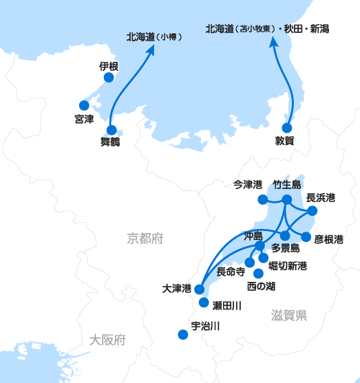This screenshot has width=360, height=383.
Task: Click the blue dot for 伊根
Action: pos(109,78)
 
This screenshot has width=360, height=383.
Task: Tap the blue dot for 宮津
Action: pos(84,105)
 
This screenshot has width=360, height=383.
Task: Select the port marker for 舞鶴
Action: pos(112,130)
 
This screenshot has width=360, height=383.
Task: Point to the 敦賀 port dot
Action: pos(287,128)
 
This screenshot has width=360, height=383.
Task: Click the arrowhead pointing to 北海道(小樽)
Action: pos(150,50)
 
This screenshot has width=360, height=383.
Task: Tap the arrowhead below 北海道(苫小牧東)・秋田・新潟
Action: pos(274,42)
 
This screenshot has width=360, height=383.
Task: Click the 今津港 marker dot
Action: pos(263,199)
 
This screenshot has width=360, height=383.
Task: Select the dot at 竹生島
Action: pos(287,199)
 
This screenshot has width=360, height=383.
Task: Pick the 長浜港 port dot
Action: pos(312,211)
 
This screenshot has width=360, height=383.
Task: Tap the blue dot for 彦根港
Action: pos(306,237)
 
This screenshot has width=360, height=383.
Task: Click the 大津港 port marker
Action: pos(200,289)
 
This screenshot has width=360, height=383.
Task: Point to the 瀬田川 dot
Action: pos(204,303)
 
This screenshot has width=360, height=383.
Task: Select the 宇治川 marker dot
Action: pos(183,334)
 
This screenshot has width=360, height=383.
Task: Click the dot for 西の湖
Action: pos(259,274)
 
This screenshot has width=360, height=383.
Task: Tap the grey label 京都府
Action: pos(145,239)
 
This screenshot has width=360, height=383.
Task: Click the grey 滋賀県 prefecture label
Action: pos(289,316)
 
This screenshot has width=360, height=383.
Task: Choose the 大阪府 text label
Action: pos(107,340)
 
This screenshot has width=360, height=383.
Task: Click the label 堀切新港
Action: pos(288,265)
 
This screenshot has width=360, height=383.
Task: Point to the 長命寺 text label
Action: pos(231,272)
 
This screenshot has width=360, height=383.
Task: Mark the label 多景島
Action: pos(286,248)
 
